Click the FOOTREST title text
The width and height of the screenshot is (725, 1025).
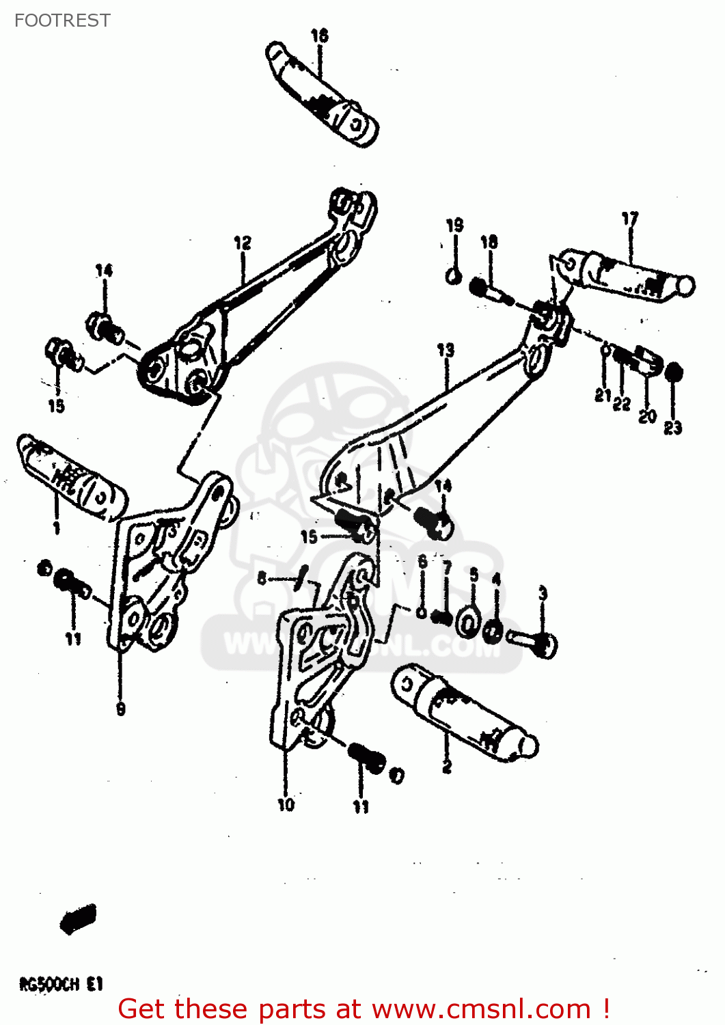62,20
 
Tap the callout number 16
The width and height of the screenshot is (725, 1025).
319,36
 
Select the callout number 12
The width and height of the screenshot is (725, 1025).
243,243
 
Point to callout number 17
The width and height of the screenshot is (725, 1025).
629,219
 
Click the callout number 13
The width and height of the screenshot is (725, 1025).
446,351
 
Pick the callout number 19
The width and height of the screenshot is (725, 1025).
454,225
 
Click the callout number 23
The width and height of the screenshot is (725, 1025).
673,428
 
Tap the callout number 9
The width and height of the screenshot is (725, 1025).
121,709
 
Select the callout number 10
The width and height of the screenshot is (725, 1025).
286,805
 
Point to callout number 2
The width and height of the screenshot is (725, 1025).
447,767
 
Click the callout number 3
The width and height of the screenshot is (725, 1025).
543,593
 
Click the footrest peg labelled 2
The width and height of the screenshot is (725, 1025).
465,714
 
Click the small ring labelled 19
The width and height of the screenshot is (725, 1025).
453,276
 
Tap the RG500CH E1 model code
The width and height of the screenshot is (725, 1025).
60,985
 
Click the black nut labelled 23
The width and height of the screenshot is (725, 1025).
673,372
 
